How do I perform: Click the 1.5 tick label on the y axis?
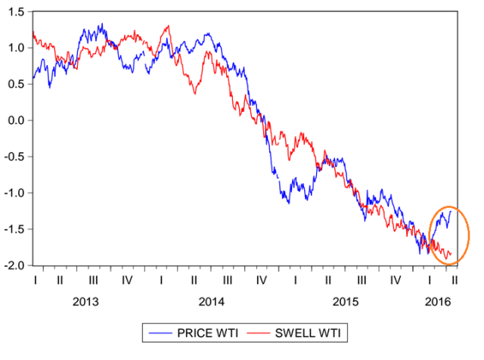coord(15,11)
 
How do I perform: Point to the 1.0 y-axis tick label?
coord(15,48)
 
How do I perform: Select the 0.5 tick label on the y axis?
coord(15,84)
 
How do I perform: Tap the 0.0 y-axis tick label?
coord(15,120)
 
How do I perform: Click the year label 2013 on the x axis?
coord(85,302)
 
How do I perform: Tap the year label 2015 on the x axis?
coord(345,302)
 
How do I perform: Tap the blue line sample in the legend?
coord(160,333)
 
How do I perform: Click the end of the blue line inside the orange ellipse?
coord(451,212)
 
